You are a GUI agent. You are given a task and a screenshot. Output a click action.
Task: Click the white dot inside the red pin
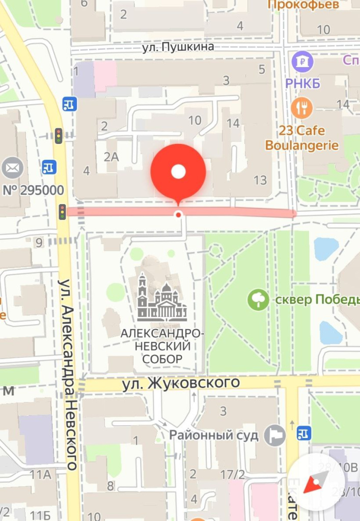[178, 172]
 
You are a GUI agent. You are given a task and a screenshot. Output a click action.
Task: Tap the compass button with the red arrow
[316, 481]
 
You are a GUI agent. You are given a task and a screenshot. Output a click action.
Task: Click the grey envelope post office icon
[12, 168]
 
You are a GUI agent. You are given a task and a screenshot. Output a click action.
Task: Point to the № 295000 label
[34, 191]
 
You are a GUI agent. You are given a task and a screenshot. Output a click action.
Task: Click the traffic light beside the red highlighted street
[62, 211]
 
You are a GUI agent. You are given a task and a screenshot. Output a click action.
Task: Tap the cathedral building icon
[162, 297]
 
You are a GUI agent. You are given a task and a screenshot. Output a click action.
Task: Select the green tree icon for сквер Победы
[258, 299]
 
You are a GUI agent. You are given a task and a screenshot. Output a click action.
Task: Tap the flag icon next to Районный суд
[277, 436]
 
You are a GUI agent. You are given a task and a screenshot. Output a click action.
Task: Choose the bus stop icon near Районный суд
[303, 433]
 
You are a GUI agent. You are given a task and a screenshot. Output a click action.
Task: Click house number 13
[260, 180]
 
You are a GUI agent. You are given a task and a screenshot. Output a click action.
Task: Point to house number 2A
[111, 157]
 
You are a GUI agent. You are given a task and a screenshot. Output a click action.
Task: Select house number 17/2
[233, 474]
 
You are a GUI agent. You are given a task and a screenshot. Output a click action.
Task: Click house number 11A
[41, 475]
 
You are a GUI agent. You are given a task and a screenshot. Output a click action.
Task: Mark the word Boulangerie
[302, 146]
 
